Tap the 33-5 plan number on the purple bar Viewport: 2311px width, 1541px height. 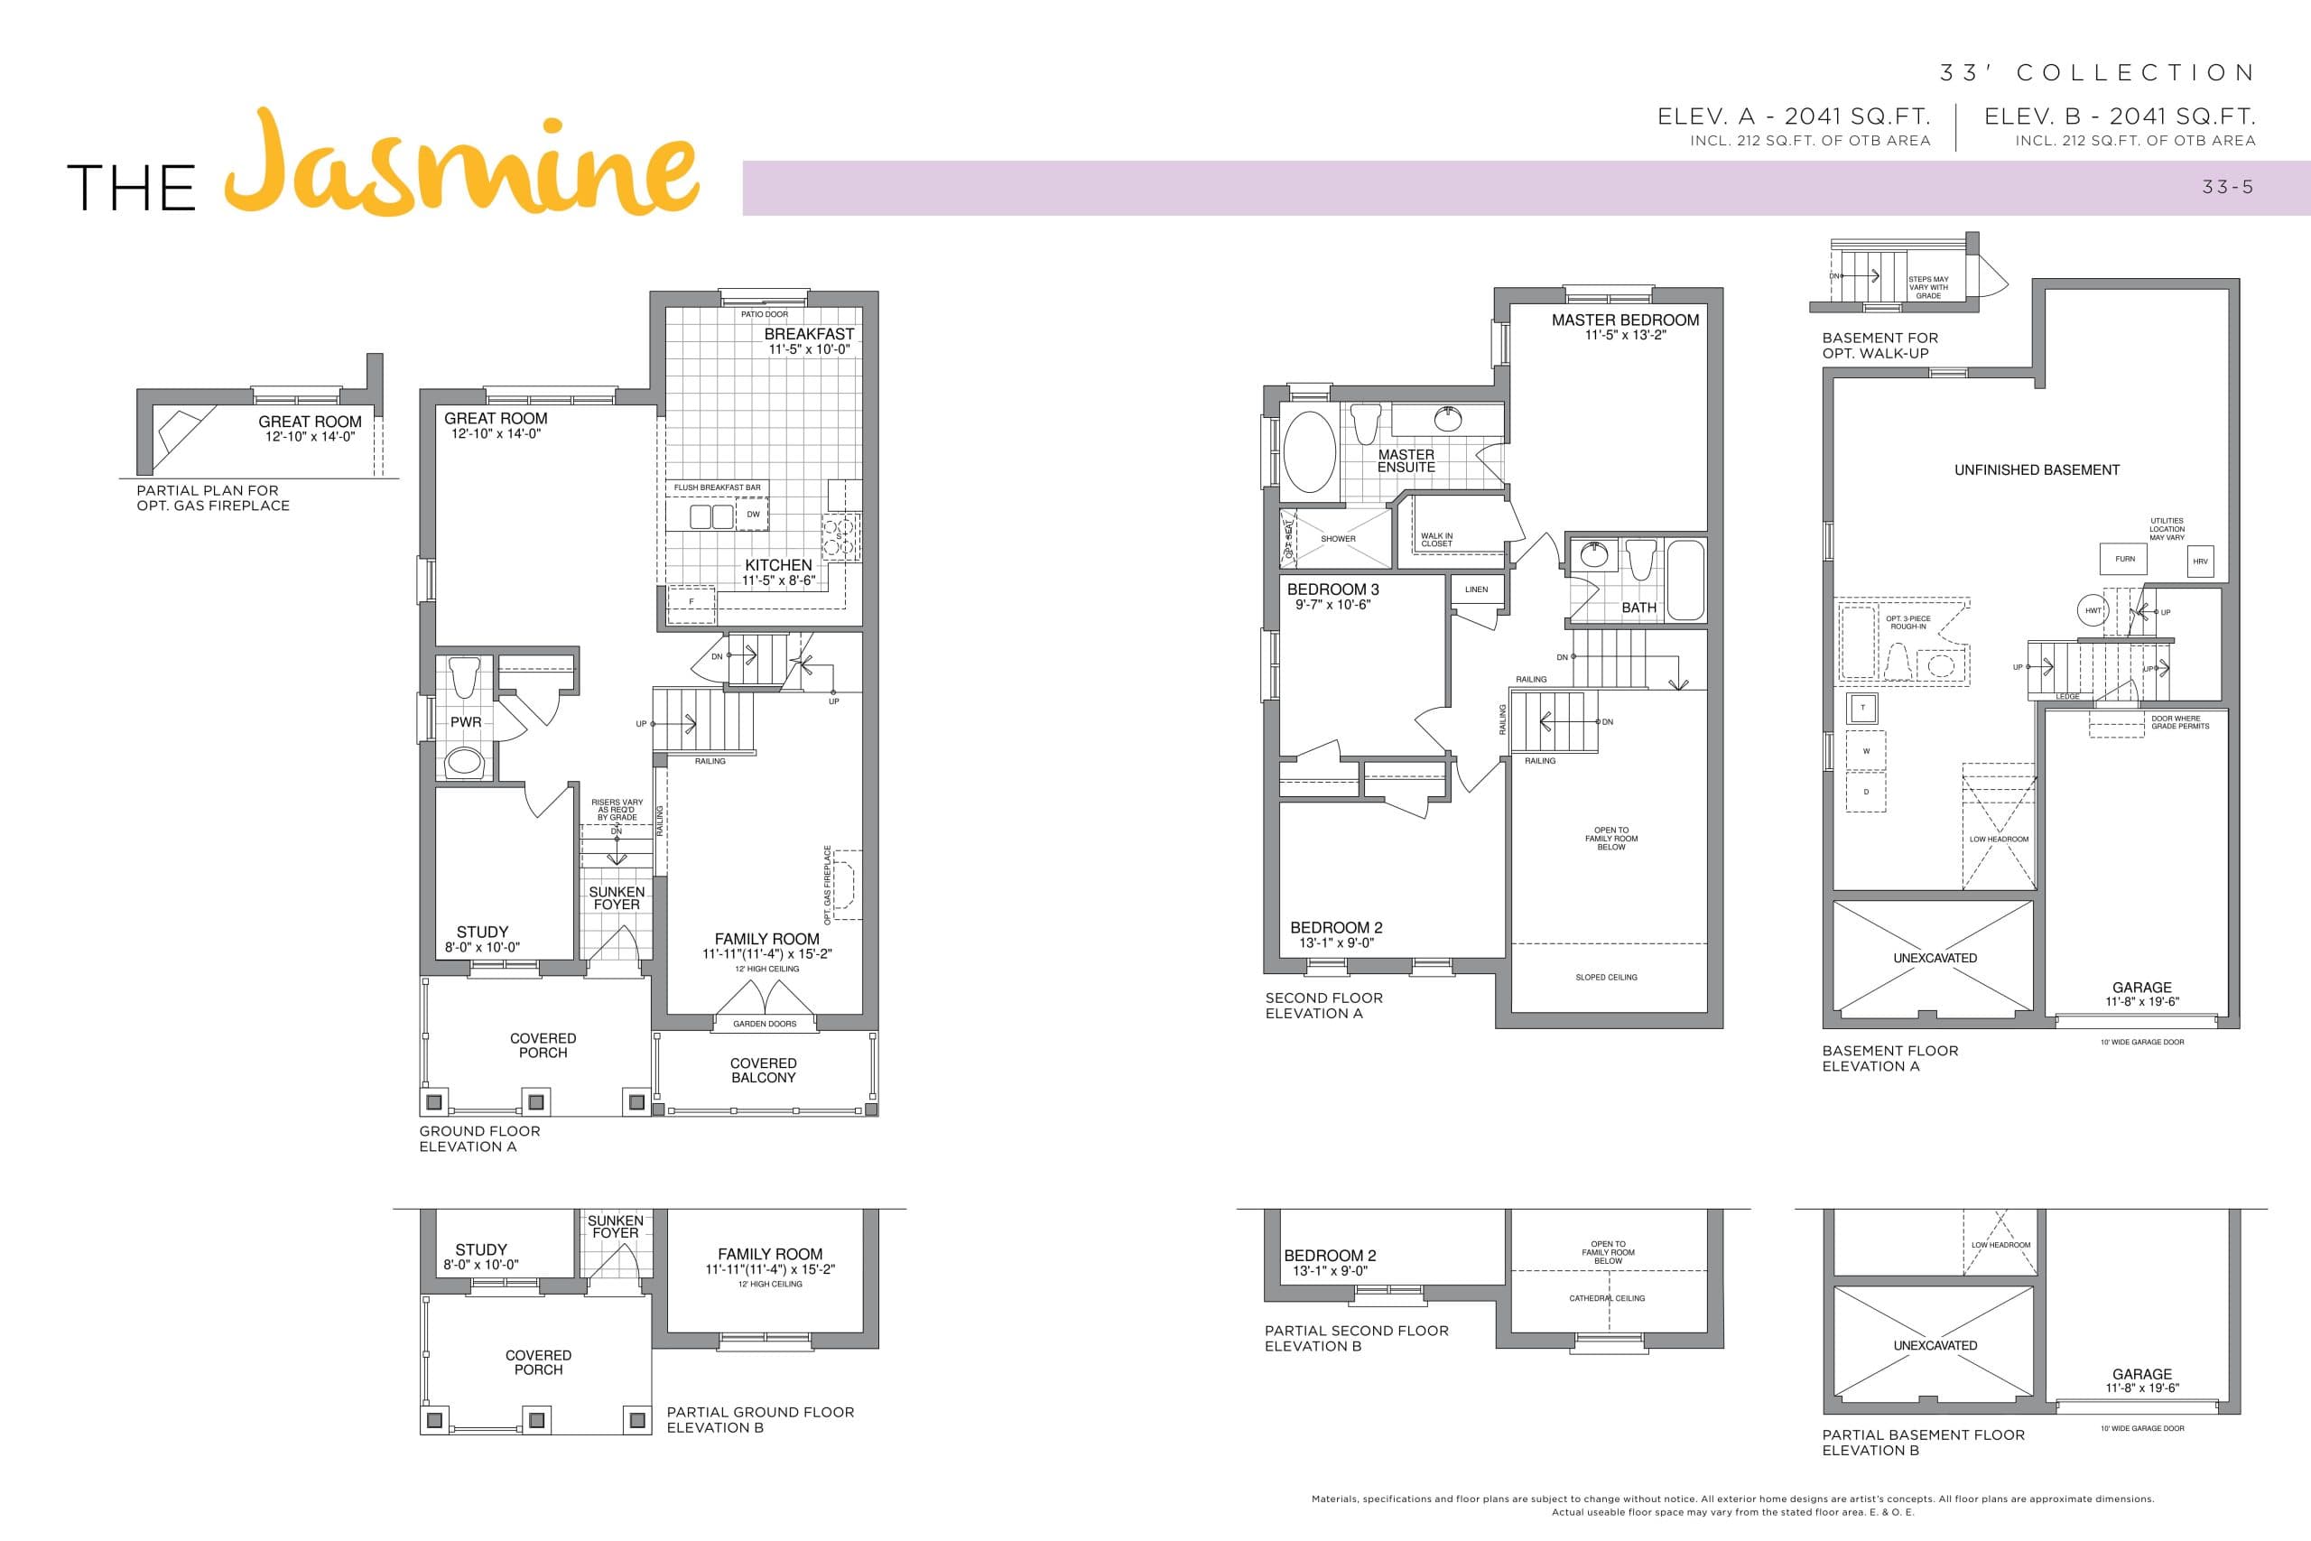click(x=2227, y=187)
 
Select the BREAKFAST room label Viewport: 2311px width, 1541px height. click(x=809, y=334)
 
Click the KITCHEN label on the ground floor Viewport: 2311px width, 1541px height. click(x=778, y=565)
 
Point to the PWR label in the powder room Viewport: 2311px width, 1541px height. click(x=466, y=722)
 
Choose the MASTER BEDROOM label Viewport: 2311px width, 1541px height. click(x=1625, y=320)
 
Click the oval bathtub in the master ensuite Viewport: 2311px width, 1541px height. click(x=1310, y=452)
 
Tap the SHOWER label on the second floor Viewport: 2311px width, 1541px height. click(x=1338, y=539)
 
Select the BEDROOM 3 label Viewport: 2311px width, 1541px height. click(x=1333, y=589)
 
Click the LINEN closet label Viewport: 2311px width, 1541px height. click(x=1476, y=589)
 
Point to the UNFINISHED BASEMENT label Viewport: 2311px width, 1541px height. click(x=2037, y=469)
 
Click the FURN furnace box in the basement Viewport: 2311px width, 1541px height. click(x=2124, y=559)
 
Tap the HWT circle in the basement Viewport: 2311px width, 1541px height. click(x=2093, y=610)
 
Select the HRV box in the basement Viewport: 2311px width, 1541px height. click(x=2200, y=562)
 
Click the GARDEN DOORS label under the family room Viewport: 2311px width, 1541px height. click(x=765, y=1024)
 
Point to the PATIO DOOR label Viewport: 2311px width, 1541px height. click(x=765, y=314)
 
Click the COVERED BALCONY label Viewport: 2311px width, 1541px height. click(x=764, y=1071)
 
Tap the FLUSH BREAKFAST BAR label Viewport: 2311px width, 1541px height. click(x=718, y=487)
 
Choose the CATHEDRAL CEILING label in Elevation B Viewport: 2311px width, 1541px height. click(x=1607, y=1298)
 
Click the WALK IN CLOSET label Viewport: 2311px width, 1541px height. click(x=1436, y=540)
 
